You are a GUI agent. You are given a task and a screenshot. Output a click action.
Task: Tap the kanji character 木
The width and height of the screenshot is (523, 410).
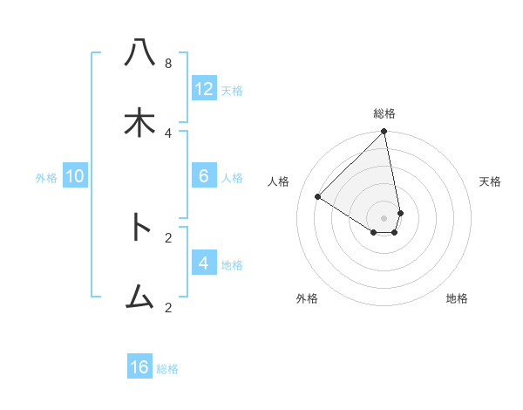coord(139,123)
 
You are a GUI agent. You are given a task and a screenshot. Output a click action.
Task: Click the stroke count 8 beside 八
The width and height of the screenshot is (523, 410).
coord(168,63)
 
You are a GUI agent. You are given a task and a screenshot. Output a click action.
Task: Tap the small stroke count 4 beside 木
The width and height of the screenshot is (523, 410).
coord(168,133)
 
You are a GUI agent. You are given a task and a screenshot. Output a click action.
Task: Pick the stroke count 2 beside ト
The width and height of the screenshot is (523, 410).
coord(168,236)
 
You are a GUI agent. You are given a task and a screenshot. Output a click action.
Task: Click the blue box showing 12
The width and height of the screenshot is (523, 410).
coord(204,88)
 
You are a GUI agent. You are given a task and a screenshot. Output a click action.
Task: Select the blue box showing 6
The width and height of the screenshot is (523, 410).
coord(204,176)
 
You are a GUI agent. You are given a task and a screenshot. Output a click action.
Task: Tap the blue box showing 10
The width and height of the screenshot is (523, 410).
coord(75,176)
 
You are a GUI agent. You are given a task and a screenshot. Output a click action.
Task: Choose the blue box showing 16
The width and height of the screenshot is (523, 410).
coord(139,367)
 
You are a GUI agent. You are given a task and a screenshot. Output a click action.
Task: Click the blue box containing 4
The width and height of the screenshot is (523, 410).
coord(204,263)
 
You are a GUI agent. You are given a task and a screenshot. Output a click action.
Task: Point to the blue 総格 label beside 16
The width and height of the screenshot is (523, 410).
coord(167,369)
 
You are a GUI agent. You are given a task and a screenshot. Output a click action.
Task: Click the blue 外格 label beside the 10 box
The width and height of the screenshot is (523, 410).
coord(46,178)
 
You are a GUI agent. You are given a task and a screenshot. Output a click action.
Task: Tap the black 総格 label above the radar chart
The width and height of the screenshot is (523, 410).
coord(384,113)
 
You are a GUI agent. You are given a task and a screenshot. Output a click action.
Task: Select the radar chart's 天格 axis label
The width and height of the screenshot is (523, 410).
coord(490,181)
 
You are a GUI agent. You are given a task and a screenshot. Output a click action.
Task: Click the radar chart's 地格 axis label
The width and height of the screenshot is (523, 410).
coord(457,298)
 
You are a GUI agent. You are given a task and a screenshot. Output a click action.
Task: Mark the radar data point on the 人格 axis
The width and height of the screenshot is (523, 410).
coord(318,197)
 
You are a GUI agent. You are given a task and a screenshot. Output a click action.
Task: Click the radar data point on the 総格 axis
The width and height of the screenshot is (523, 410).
coord(384,132)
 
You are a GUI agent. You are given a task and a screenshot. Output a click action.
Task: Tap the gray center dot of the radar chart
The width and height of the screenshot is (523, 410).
coord(384,217)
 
